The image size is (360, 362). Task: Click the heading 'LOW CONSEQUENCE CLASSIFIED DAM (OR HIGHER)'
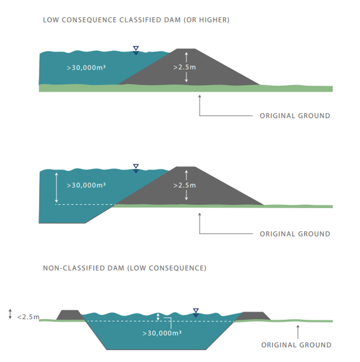[136, 20]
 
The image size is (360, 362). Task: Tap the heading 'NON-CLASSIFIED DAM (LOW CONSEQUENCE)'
[125, 268]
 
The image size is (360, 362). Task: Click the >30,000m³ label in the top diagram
[86, 68]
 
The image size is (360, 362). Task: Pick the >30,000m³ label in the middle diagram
[86, 185]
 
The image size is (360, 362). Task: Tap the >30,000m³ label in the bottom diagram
[162, 333]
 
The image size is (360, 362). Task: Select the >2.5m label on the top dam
[184, 67]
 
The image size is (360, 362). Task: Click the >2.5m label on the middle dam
[184, 185]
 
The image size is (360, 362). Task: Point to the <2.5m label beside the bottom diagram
[28, 317]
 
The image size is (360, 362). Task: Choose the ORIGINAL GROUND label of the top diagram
[295, 115]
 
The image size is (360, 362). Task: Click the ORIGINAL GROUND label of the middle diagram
[295, 234]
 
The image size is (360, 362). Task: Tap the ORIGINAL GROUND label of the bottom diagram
[296, 345]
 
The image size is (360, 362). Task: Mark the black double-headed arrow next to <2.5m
[10, 314]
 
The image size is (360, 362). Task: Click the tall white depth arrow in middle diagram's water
[56, 188]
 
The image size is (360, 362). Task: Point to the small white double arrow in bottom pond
[158, 317]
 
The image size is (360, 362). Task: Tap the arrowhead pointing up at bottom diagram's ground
[298, 326]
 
